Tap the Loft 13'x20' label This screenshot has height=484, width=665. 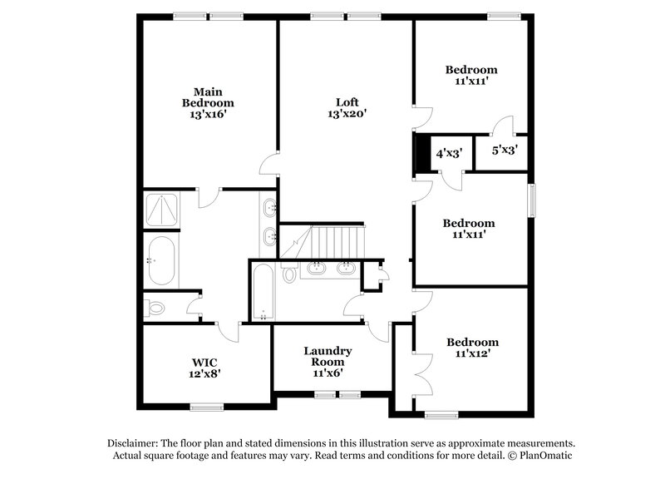346,108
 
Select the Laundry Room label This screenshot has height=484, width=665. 328,362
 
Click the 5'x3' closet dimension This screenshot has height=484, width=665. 505,151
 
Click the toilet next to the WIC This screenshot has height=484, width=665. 155,309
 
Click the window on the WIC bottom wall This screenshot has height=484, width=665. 206,407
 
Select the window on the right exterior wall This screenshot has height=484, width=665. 532,200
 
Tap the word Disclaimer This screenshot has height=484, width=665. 135,443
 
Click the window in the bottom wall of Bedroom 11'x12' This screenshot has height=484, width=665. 441,413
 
